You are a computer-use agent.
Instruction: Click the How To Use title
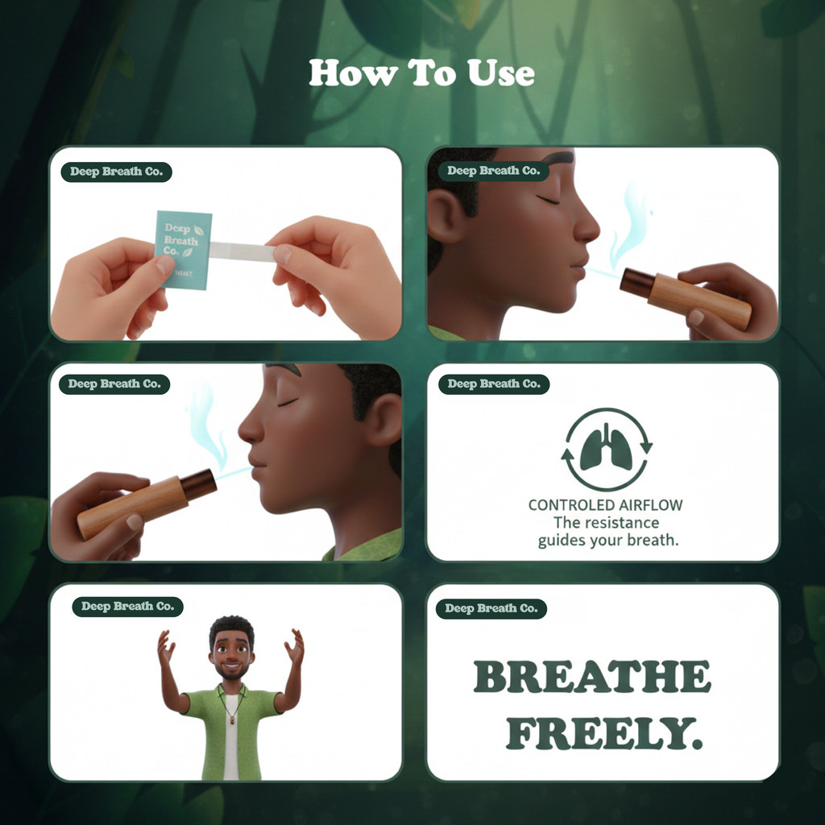pos(421,73)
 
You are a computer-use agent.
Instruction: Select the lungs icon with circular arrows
pos(606,449)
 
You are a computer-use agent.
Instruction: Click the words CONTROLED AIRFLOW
pos(605,505)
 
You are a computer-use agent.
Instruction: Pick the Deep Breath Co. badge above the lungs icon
pos(493,384)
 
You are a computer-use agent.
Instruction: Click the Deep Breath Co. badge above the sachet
pos(116,172)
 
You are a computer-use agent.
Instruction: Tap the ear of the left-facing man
pos(385,419)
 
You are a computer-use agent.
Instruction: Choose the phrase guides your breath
pos(608,541)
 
